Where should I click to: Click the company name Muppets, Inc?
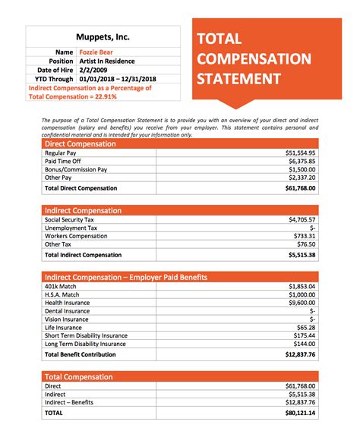tap(103, 36)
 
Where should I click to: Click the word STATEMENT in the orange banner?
tap(239, 79)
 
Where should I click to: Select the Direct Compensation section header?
tap(81, 143)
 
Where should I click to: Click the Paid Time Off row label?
tap(65, 161)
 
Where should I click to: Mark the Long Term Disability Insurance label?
tap(86, 344)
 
